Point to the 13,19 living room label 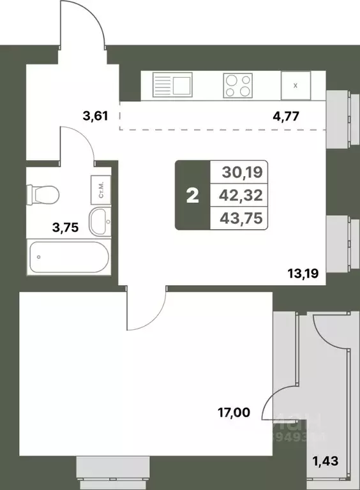[304, 276]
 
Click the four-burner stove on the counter [237, 85]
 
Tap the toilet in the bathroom [44, 193]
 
